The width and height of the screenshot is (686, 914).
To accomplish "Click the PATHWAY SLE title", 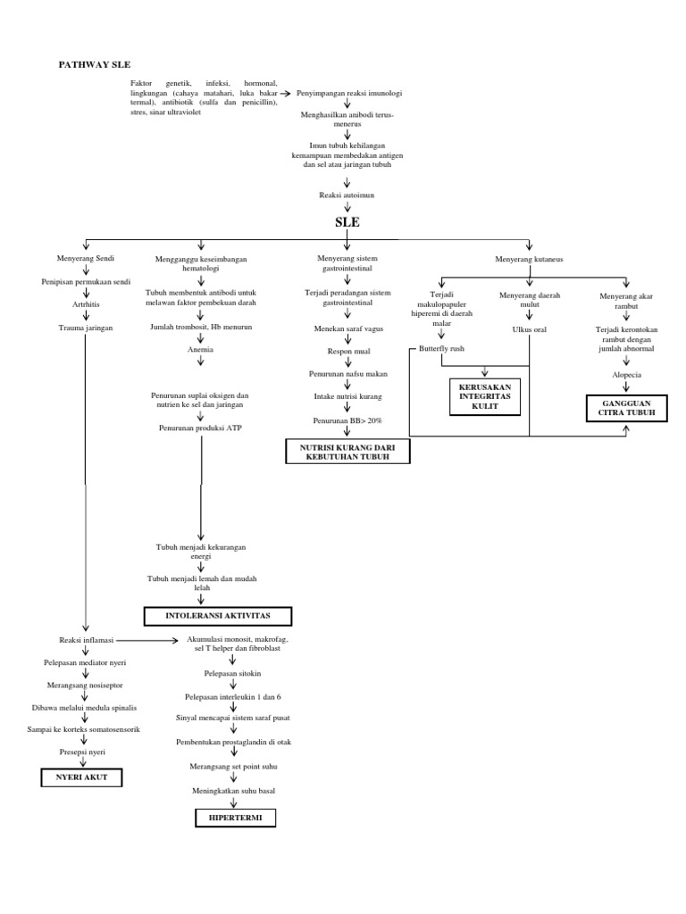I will [95, 66].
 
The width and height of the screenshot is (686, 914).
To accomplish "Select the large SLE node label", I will [347, 222].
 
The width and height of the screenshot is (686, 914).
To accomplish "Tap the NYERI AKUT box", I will [81, 777].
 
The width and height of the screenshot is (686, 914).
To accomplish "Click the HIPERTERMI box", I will [236, 818].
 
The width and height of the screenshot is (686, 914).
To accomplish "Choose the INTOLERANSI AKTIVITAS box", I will [218, 617].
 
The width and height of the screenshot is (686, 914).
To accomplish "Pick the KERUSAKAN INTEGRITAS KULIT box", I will [485, 396].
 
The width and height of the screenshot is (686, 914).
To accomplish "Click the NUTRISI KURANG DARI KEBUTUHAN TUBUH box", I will [347, 452].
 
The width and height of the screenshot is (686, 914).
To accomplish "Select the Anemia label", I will [200, 350].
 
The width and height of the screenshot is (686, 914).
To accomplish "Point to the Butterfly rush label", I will [441, 348].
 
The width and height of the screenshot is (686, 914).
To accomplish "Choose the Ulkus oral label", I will [529, 329].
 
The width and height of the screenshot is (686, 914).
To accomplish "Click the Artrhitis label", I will [85, 304].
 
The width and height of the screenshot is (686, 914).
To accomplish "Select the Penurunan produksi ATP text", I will [201, 428].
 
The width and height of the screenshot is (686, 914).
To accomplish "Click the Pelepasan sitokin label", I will [236, 675].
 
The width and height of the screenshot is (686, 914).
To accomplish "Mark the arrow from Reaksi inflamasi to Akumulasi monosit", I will [147, 641].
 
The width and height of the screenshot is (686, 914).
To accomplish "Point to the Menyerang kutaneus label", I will [530, 259].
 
